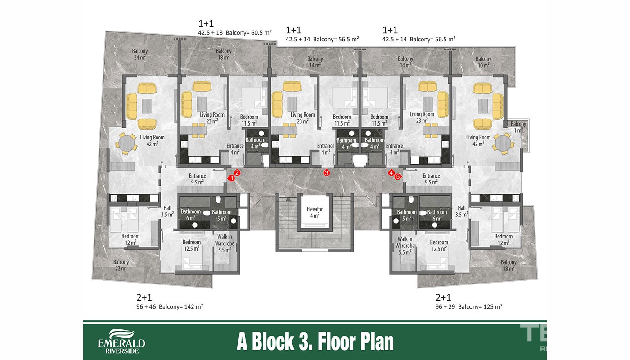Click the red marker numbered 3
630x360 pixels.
click(x=327, y=173)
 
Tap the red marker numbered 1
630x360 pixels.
click(x=231, y=178)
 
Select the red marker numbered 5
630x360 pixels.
click(x=398, y=176)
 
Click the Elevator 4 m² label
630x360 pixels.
click(x=315, y=212)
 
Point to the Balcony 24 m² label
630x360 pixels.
click(x=140, y=54)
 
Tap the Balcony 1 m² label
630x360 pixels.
click(x=518, y=127)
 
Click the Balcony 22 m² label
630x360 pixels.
click(x=121, y=265)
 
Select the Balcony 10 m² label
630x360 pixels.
click(x=483, y=62)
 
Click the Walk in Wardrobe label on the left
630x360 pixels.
click(x=225, y=243)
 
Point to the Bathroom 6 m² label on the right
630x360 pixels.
click(x=437, y=215)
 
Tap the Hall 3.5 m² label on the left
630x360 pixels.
click(x=167, y=211)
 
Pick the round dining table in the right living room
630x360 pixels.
click(x=503, y=144)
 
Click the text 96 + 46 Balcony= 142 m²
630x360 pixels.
click(x=170, y=306)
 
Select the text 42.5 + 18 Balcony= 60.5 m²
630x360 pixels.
click(x=235, y=32)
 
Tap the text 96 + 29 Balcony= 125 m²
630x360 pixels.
click(x=469, y=306)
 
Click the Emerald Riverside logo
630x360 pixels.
click(x=122, y=342)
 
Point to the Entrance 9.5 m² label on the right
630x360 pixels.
click(x=431, y=179)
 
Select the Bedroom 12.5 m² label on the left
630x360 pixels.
click(x=192, y=245)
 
